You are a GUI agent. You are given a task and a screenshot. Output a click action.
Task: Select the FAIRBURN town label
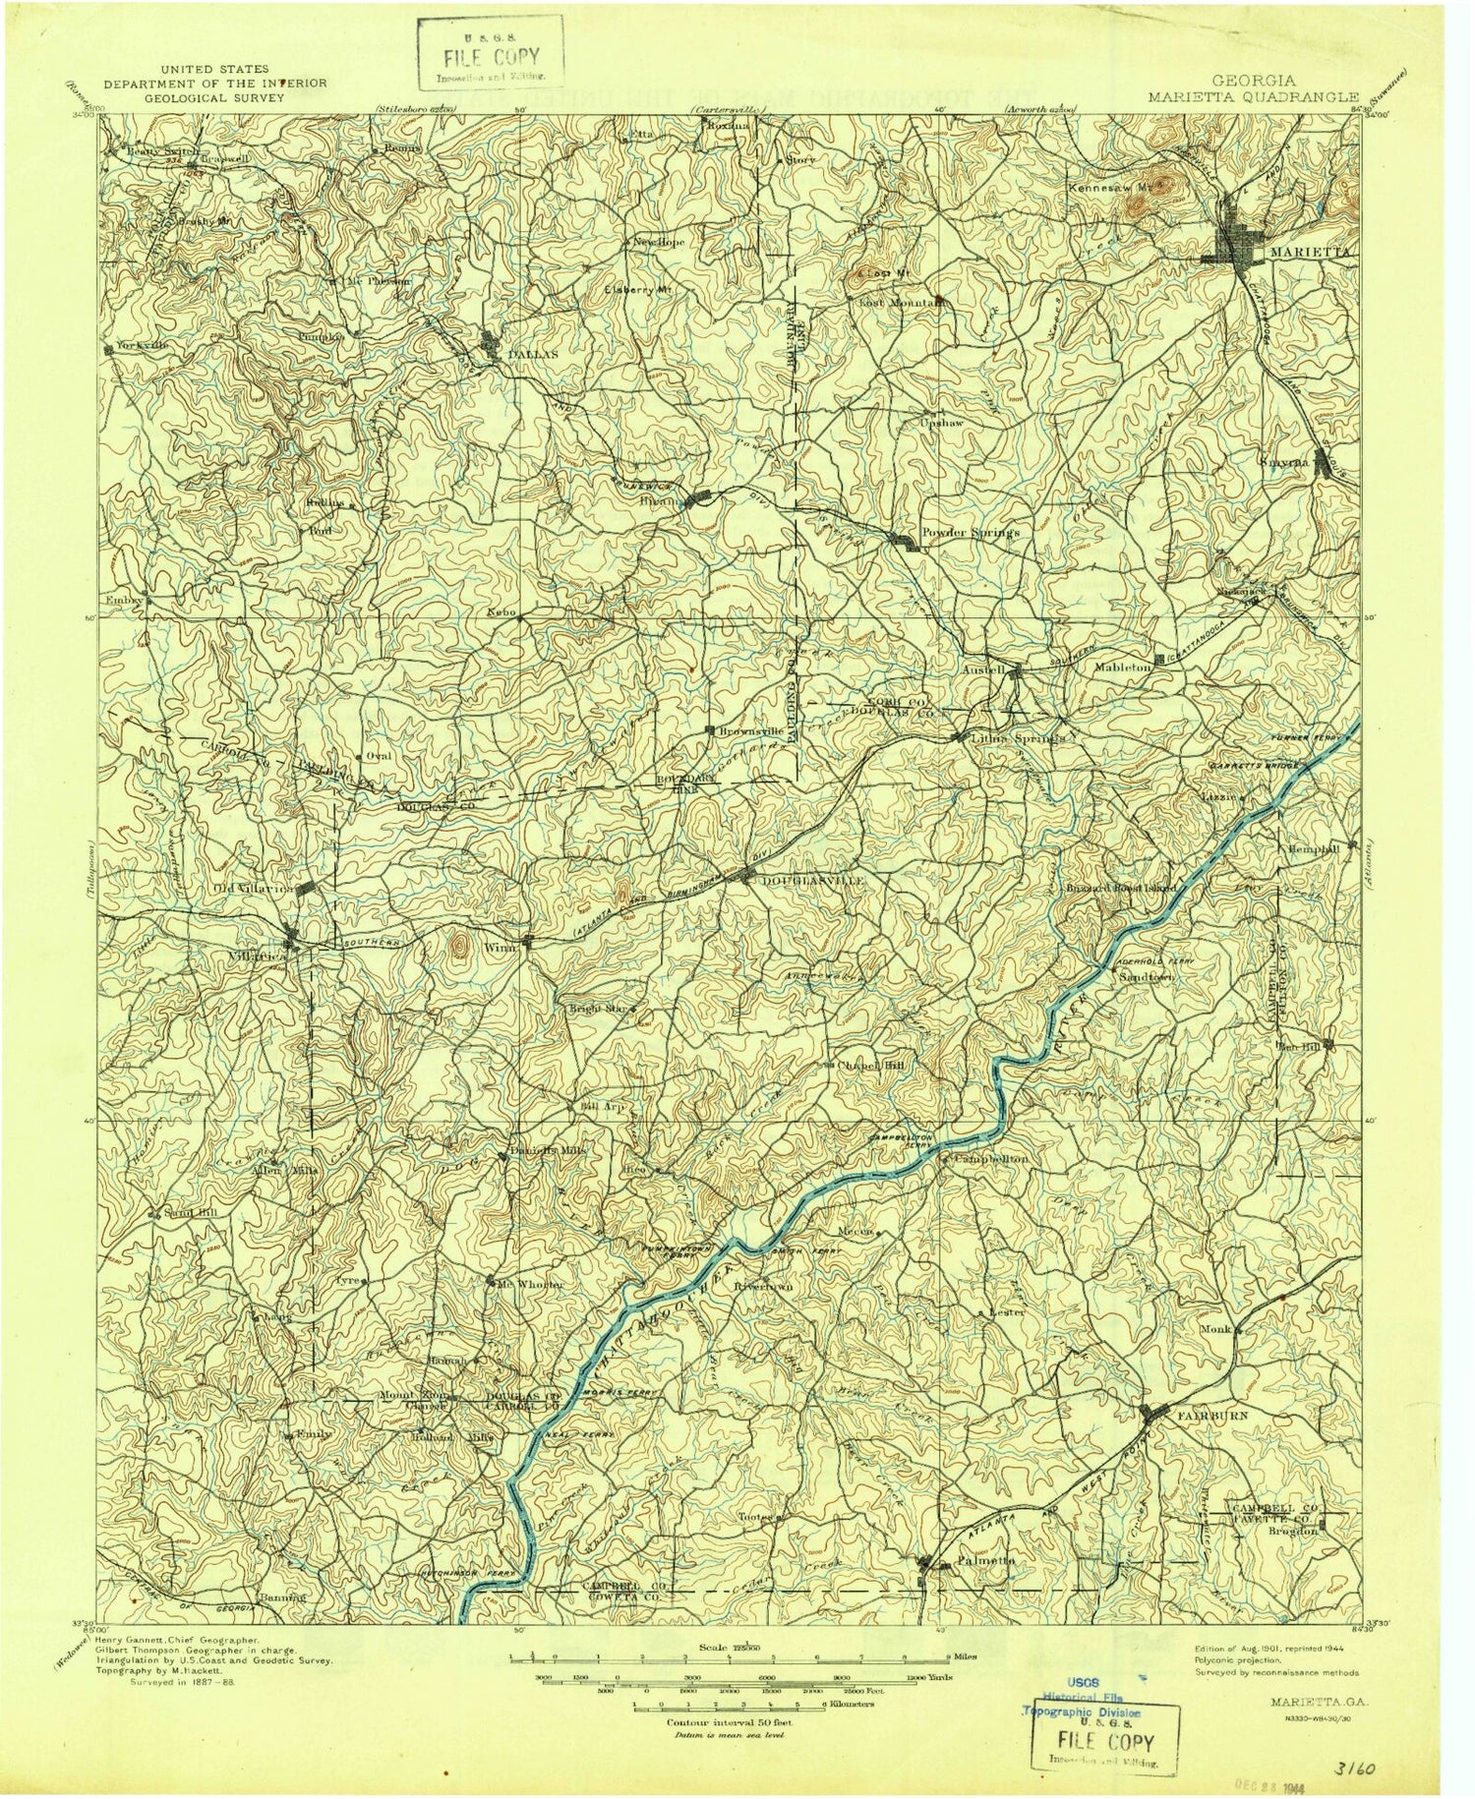point(1208,1414)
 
